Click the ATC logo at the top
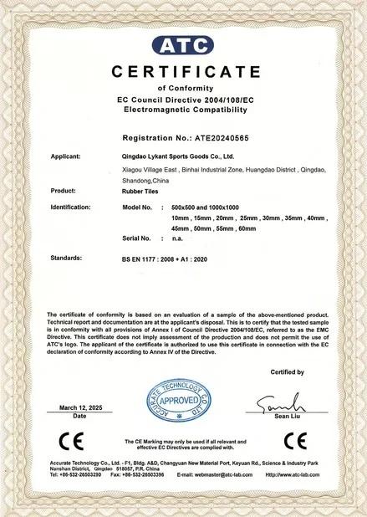tap(183, 44)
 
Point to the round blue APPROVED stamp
tap(176, 402)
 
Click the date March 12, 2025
tap(79, 407)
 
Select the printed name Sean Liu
tap(277, 416)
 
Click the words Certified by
tap(288, 371)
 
